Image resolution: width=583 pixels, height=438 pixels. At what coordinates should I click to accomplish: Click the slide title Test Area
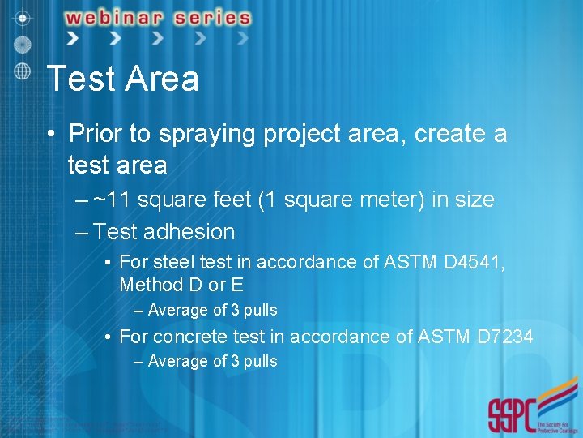tap(123, 79)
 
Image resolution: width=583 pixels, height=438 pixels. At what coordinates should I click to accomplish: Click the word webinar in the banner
tap(118, 17)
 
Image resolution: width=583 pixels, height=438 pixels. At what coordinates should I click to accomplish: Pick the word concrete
tap(190, 336)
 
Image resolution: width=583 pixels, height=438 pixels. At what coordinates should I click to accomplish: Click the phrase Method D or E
tap(181, 286)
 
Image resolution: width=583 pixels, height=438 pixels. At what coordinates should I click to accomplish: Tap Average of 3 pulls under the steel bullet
tap(212, 310)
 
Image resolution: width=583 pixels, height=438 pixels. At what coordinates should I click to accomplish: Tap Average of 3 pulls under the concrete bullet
tap(212, 361)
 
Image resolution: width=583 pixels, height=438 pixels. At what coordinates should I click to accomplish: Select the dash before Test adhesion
tap(82, 233)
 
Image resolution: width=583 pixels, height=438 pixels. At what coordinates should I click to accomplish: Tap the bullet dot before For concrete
tap(107, 337)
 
